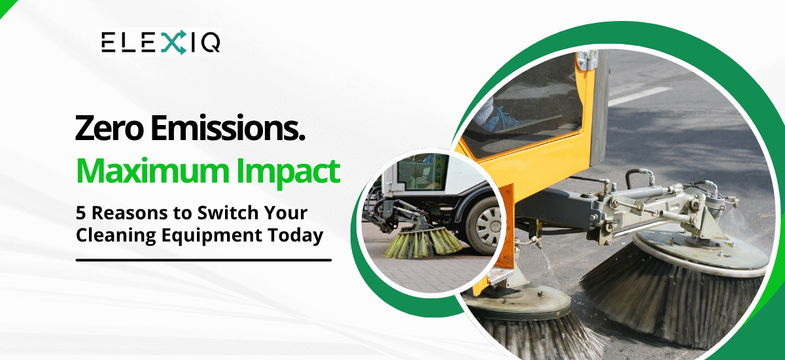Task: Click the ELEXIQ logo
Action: click(161, 43)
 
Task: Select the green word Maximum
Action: click(151, 171)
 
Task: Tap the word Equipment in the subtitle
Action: click(213, 236)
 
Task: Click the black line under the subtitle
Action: click(203, 260)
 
